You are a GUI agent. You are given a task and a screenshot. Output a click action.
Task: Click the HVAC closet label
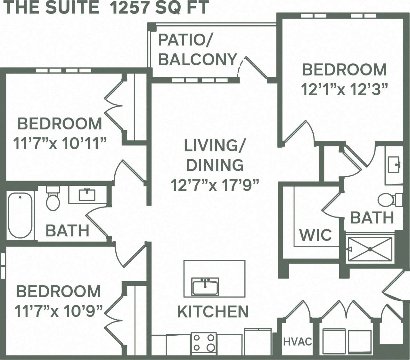[x=297, y=341]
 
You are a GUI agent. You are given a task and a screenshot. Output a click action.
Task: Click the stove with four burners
[x=203, y=343]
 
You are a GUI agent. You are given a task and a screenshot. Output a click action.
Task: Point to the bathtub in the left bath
[x=20, y=215]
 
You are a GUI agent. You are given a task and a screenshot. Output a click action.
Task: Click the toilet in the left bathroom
[x=53, y=199]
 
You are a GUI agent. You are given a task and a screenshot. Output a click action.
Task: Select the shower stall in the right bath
[x=370, y=249]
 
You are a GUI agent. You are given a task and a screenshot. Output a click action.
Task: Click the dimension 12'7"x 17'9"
[x=214, y=185]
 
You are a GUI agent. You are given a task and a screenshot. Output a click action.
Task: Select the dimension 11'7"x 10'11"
[x=60, y=143]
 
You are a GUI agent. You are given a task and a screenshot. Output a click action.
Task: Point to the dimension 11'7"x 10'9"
[x=59, y=311]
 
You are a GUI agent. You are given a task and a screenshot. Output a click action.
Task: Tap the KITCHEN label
[x=213, y=312]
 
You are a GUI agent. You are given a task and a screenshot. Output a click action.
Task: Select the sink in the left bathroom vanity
[x=87, y=195]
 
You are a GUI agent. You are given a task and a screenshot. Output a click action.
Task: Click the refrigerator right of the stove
[x=258, y=341]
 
